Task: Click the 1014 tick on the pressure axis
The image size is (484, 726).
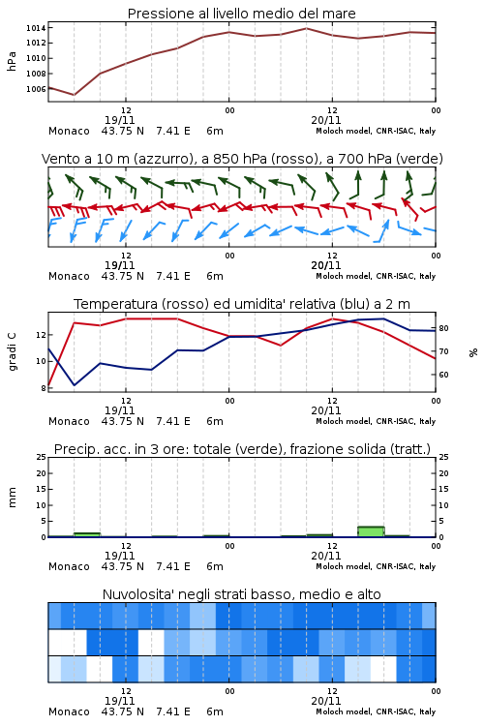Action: point(36,28)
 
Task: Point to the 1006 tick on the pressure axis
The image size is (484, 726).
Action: point(36,89)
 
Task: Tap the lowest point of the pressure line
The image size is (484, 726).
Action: point(74,95)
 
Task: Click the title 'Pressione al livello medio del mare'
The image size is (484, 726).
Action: point(242,14)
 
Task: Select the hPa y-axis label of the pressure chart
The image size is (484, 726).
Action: point(12,61)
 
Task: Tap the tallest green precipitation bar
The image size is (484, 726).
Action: point(371,531)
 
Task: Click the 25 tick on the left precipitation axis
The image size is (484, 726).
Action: point(42,457)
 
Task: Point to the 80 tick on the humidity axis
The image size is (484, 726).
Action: point(443,328)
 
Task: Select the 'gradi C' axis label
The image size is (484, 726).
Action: point(12,351)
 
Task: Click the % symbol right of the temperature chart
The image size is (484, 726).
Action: point(473,352)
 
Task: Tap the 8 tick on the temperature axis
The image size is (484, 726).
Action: point(44,388)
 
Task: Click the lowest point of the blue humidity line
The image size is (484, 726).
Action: point(75,385)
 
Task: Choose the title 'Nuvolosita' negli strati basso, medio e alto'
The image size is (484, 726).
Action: point(242,594)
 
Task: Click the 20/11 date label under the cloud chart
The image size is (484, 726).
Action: point(326,701)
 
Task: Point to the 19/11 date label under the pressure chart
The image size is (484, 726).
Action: point(119,120)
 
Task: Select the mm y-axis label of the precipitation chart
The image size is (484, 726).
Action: point(12,498)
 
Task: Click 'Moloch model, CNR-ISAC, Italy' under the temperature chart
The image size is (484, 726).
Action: point(376,421)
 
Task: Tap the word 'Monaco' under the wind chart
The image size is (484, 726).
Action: point(69,277)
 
